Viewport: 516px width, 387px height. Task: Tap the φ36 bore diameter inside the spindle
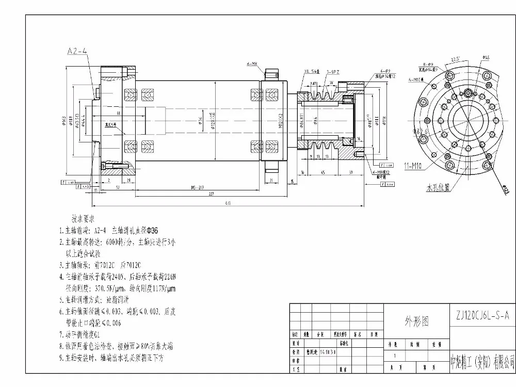click(200, 121)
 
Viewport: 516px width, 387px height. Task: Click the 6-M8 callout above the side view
click(252, 64)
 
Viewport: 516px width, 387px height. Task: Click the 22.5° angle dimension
click(455, 58)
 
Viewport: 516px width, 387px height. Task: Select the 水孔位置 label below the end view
click(437, 188)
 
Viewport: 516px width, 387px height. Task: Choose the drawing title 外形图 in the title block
click(416, 321)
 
